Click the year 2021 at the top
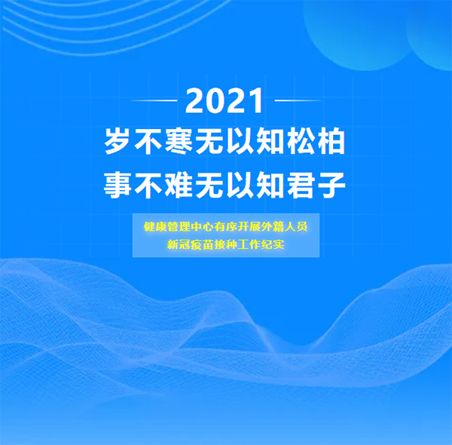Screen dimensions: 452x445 pos(224,101)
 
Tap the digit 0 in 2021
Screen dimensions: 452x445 pos(215,101)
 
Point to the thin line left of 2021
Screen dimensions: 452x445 pos(154,100)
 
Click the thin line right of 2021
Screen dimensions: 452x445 pos(298,100)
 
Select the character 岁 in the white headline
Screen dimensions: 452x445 pos(117,141)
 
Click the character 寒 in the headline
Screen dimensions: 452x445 pos(179,141)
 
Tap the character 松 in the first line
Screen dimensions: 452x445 pos(300,141)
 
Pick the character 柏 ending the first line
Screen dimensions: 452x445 pos(331,141)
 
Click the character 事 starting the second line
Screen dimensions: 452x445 pos(118,185)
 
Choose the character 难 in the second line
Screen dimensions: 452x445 pos(179,185)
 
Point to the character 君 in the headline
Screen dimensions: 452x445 pos(300,185)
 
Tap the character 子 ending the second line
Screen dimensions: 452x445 pos(331,185)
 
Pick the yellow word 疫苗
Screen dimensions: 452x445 pos(202,244)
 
